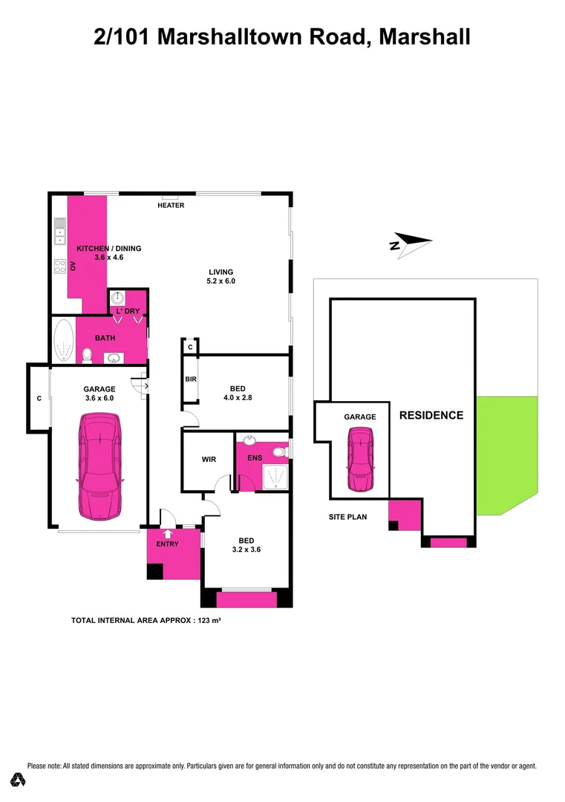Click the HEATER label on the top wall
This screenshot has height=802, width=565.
(x=171, y=206)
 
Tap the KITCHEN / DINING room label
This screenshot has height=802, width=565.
(x=109, y=249)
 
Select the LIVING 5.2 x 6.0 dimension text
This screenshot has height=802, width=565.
(x=221, y=281)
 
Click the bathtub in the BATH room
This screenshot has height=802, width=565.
(x=63, y=340)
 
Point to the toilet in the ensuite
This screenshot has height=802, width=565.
(x=279, y=451)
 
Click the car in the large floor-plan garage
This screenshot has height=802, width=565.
(x=99, y=466)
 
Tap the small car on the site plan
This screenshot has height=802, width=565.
(x=362, y=460)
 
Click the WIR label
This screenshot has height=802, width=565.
(x=209, y=460)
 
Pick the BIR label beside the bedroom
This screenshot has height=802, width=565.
(x=191, y=379)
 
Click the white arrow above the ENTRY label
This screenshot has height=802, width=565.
(x=167, y=532)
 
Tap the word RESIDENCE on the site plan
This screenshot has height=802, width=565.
(x=431, y=416)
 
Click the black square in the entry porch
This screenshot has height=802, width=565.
(x=154, y=572)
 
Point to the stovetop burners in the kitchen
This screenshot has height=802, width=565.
(x=59, y=265)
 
